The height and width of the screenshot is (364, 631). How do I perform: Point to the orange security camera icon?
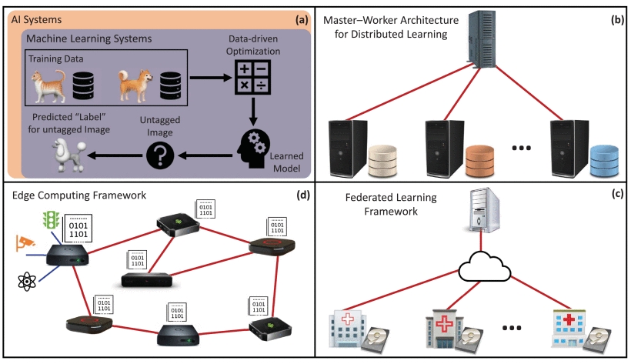pos(28,244)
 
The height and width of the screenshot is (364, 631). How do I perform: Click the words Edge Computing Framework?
pos(80,194)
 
